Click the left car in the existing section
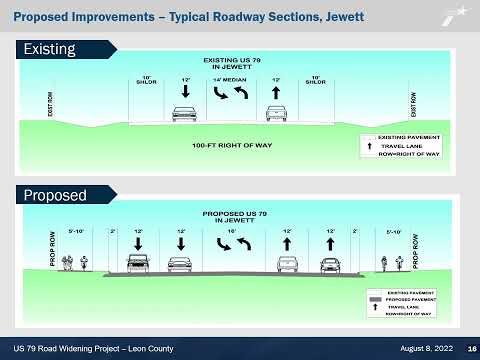(x=183, y=114)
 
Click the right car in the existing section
(x=277, y=114)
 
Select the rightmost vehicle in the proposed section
(x=330, y=264)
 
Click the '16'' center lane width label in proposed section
(x=232, y=232)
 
